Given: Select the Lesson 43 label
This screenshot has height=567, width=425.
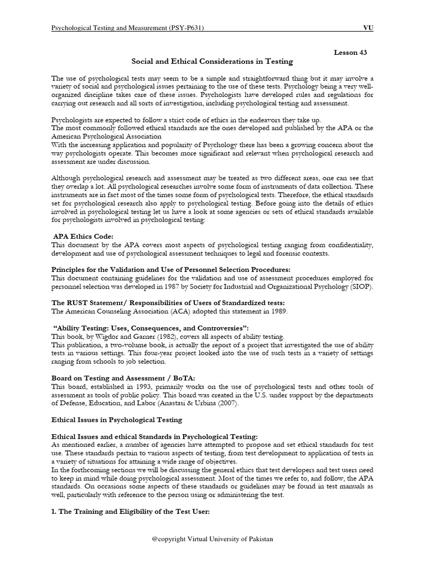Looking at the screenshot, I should [x=350, y=52].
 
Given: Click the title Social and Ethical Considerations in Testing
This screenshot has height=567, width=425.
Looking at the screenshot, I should [x=212, y=61].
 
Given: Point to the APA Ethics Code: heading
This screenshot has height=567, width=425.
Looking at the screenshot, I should [x=83, y=236].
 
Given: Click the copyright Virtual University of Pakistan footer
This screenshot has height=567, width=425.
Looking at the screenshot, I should [x=212, y=539].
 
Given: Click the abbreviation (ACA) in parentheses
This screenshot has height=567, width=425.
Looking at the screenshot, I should [x=172, y=312].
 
